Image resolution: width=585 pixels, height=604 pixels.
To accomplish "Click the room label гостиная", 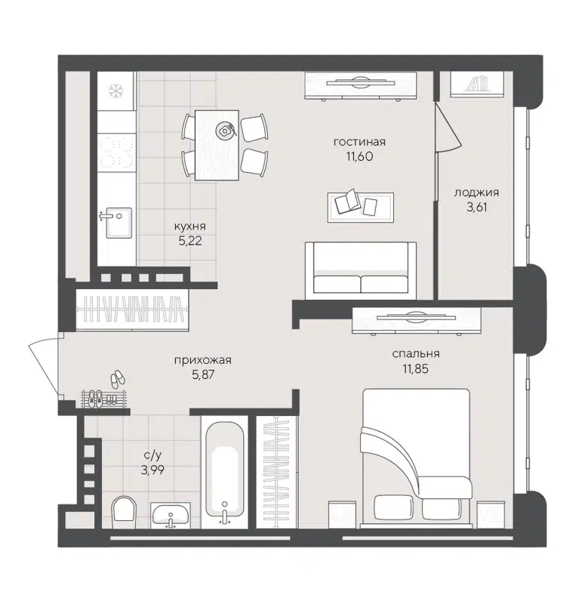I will (359, 142).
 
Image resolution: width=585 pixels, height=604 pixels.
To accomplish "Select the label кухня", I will (189, 226).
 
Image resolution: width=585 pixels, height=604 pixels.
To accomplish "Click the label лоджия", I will (476, 193).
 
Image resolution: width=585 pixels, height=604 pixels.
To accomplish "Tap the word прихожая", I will (202, 360).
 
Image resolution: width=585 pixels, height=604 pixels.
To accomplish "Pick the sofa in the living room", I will (360, 270).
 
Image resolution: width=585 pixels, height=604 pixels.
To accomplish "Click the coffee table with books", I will (360, 206).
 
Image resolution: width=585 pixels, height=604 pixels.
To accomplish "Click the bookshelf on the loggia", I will (476, 83).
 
